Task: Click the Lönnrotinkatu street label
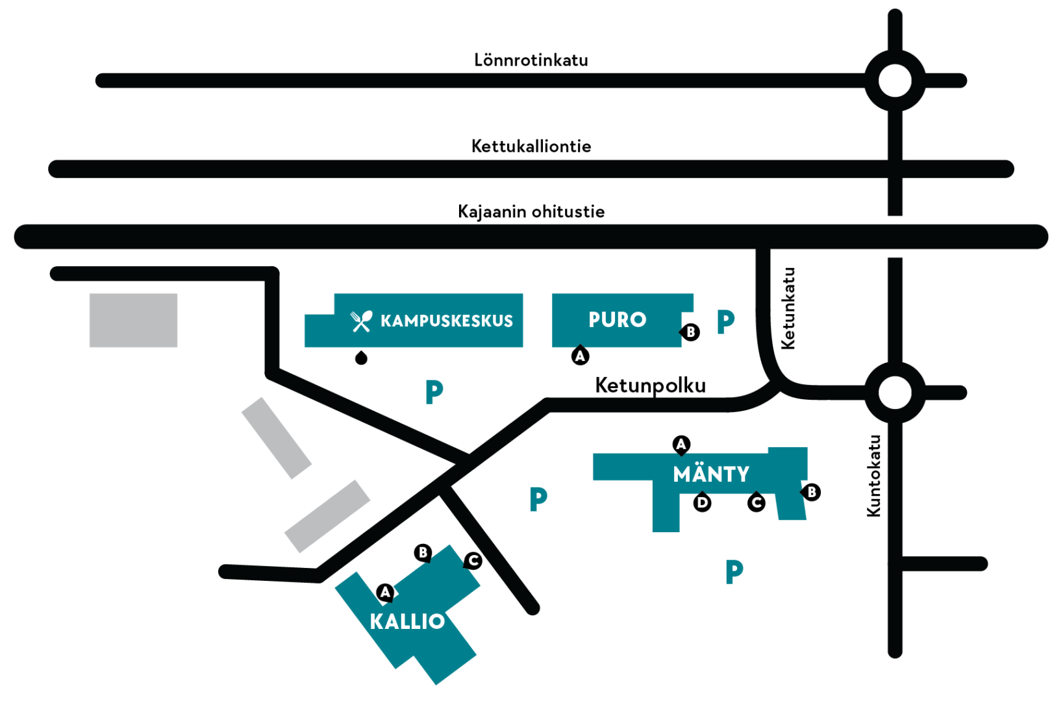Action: tap(531, 60)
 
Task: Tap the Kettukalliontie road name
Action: tap(531, 146)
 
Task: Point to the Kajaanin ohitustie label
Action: tap(531, 212)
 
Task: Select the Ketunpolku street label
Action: tap(651, 386)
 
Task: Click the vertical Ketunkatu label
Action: tap(788, 309)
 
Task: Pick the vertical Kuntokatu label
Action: tap(873, 476)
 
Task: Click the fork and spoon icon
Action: tap(361, 321)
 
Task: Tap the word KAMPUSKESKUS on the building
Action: tap(447, 321)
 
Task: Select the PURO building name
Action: tap(618, 320)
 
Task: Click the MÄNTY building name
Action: tap(711, 474)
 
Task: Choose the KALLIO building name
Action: tap(407, 622)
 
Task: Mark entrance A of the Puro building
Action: tap(580, 355)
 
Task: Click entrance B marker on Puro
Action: tap(690, 332)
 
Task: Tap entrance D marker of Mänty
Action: tap(703, 502)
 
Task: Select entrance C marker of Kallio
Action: tap(473, 561)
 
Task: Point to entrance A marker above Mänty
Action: tap(681, 445)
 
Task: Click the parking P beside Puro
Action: tap(725, 322)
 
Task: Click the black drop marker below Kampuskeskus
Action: tap(361, 358)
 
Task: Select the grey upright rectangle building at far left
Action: tap(133, 320)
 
